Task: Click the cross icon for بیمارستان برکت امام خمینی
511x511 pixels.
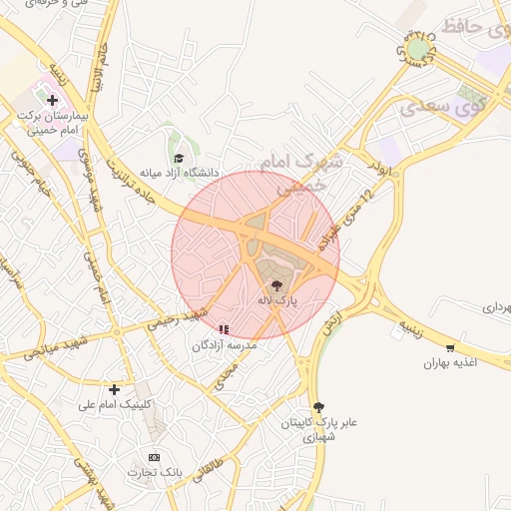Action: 52,100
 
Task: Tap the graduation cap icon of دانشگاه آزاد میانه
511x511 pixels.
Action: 179,158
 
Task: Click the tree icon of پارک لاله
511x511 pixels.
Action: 276,284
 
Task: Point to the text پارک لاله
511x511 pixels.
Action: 276,299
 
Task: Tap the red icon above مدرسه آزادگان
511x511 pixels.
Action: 225,328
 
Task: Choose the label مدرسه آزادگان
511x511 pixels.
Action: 225,344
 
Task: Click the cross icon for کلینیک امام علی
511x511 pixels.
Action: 115,389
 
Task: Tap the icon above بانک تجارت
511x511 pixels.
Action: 153,457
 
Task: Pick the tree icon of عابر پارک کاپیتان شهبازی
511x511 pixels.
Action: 318,407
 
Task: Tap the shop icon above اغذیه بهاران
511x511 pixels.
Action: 451,348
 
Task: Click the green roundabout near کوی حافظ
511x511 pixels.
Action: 417,47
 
